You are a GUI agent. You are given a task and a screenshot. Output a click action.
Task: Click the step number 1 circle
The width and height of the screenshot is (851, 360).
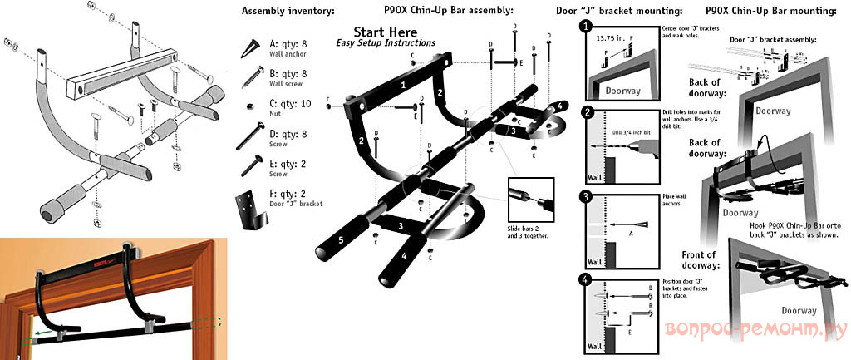coord(586,27)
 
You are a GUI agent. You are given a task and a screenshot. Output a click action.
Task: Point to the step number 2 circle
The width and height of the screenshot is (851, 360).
coord(586,112)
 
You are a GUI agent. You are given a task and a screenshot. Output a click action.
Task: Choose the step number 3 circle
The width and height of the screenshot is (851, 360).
coord(586,197)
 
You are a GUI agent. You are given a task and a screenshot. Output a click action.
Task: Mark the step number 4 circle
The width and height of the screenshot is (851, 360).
coord(586,279)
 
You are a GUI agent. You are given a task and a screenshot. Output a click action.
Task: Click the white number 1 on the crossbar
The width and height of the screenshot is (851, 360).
coord(403,84)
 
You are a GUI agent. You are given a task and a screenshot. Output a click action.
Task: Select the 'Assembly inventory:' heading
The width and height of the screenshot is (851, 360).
coord(276,11)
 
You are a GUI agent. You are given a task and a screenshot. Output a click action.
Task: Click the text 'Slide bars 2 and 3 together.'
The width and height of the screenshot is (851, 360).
coord(529,230)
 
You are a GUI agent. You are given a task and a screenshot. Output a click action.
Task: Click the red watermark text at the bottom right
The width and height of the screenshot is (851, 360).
coord(754,330)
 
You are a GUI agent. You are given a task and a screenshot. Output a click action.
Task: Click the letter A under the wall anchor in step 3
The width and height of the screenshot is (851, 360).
coord(630,234)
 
